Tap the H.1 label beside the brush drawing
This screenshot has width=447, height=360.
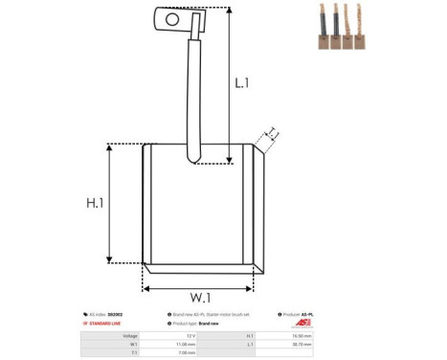tap(94, 204)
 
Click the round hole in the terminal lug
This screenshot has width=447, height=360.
tap(172, 17)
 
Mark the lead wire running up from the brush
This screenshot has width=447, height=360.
tap(192, 96)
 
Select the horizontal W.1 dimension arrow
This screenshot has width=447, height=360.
tap(198, 286)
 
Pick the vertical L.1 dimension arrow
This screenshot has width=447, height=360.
tap(230, 77)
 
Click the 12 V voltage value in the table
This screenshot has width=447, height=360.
tap(190, 336)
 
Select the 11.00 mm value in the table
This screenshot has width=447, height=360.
tap(189, 344)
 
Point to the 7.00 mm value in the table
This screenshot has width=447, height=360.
tap(189, 352)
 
